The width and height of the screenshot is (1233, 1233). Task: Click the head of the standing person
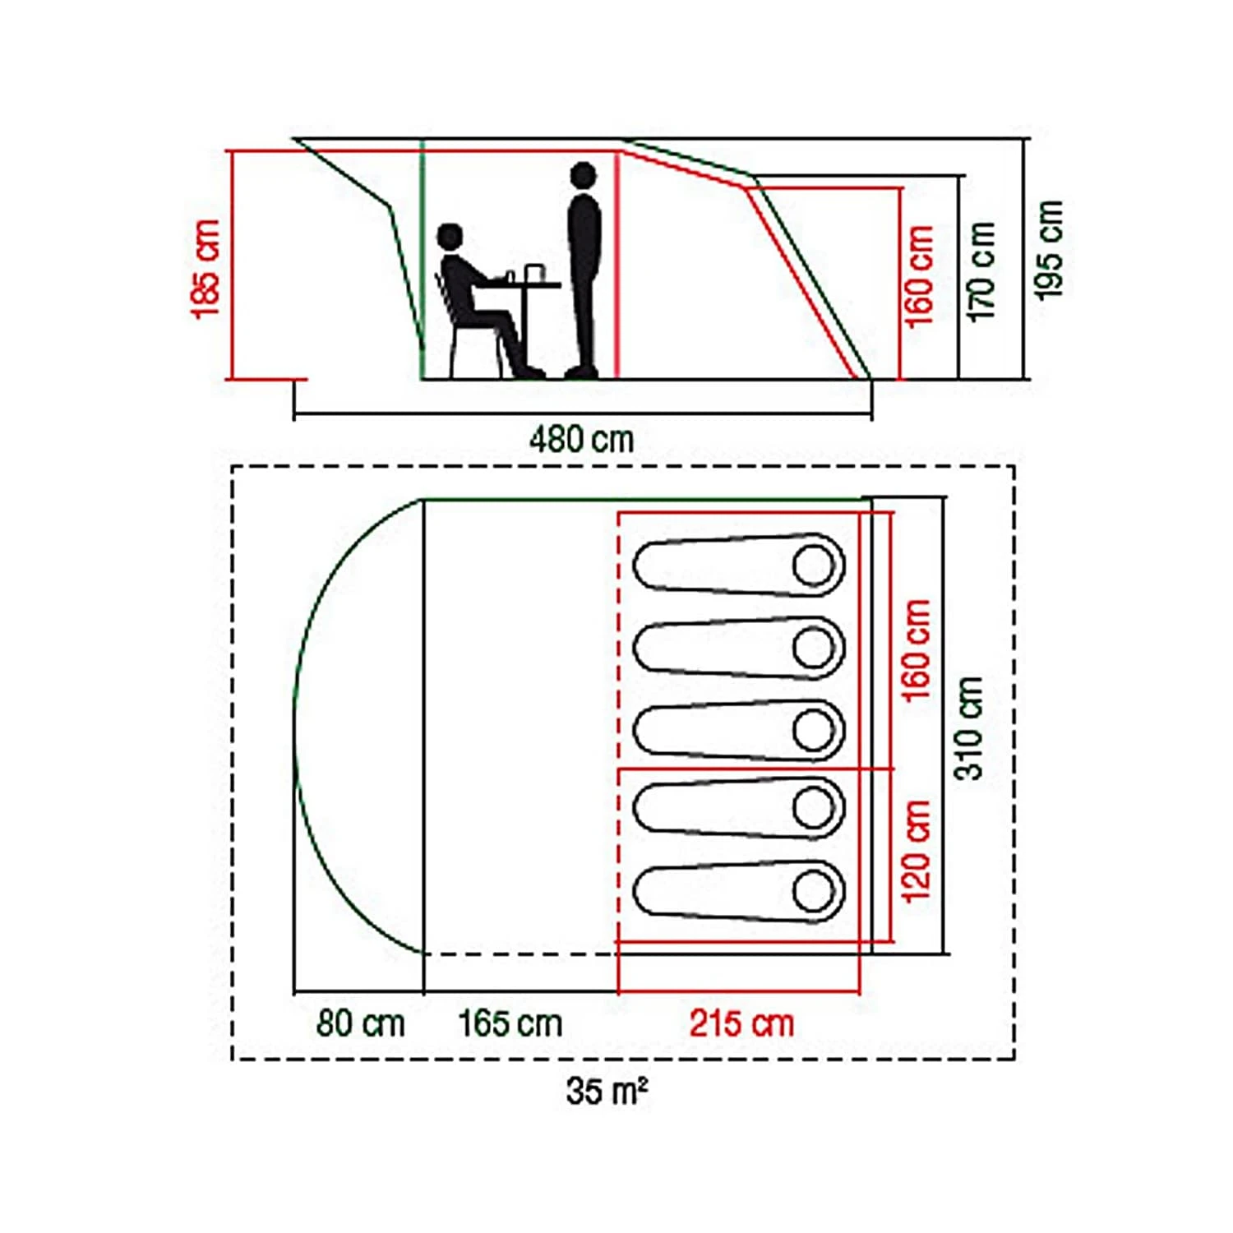pos(583,175)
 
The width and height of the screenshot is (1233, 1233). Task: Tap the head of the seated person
pos(450,237)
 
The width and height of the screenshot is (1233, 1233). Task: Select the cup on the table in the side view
pos(534,273)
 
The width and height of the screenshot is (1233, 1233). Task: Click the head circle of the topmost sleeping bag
pos(814,566)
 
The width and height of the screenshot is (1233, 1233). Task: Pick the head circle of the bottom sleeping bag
pos(814,892)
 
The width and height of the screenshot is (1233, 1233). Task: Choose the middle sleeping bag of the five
pos(739,730)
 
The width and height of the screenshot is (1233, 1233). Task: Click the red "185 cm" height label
pos(206,268)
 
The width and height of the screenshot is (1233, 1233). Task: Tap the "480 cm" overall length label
pos(581,440)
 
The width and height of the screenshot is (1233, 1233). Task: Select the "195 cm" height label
pos(1049,250)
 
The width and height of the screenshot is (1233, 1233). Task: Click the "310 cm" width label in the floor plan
pos(968,727)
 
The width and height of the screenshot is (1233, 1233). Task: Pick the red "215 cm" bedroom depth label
pos(741,1024)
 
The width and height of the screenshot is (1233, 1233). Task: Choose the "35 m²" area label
pos(607,1091)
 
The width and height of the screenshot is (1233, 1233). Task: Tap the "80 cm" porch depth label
pos(361,1024)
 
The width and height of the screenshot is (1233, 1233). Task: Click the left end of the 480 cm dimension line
pos(294,414)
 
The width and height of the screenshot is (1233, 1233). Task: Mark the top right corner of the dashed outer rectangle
pos(1014,466)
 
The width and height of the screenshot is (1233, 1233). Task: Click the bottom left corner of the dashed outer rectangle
pos(233,1059)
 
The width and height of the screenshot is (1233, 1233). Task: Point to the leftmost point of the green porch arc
pos(294,727)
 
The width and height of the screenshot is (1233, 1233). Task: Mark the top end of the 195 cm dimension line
pos(1026,139)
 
